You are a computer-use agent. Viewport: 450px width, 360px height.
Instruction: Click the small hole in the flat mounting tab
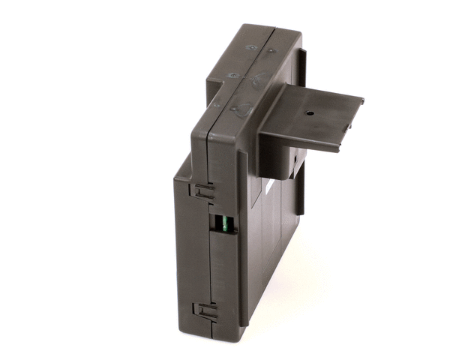[x=309, y=115]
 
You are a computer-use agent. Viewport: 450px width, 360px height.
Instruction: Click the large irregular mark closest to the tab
[x=242, y=109]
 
